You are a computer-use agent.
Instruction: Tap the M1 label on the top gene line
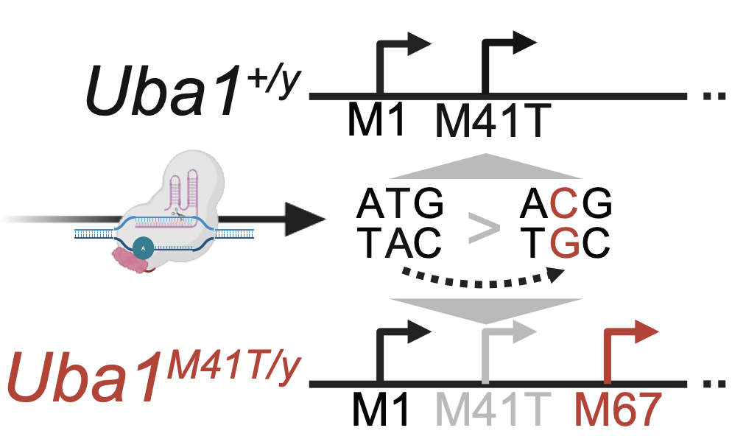coord(376,121)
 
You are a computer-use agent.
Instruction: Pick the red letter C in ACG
coord(566,204)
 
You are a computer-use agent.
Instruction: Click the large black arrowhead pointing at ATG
coord(302,219)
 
